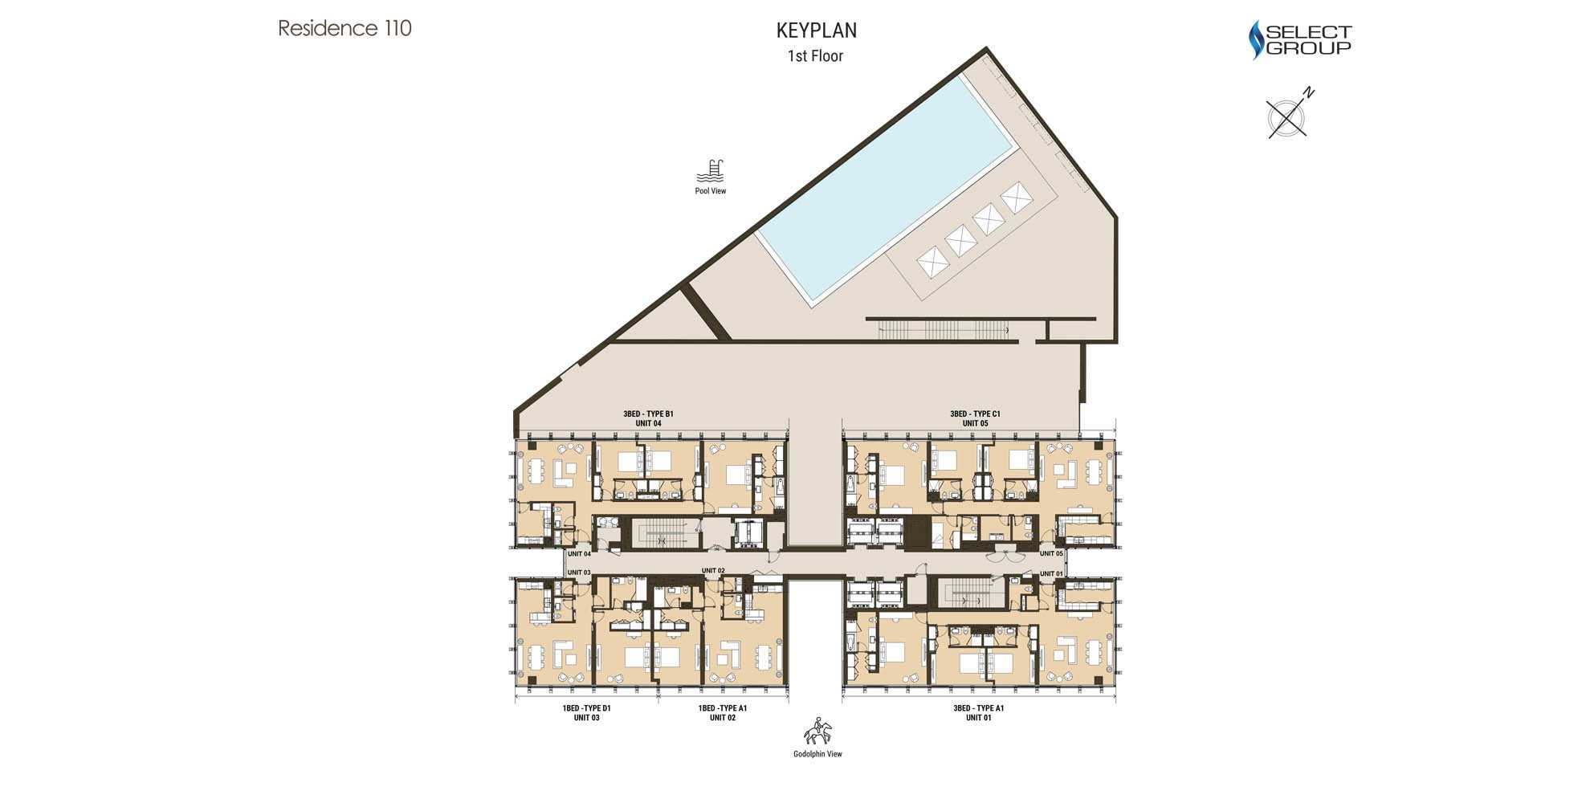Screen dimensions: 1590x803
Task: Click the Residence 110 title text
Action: [x=344, y=28]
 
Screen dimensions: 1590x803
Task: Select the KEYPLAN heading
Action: [x=816, y=31]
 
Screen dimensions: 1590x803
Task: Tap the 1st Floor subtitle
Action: [x=815, y=56]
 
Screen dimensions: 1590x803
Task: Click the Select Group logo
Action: [x=1299, y=40]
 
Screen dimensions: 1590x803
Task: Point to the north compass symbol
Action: [x=1288, y=115]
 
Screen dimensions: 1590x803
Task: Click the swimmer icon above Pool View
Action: [x=711, y=171]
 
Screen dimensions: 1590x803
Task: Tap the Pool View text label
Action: [x=711, y=191]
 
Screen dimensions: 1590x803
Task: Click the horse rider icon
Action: [x=817, y=731]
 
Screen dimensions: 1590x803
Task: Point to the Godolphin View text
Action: [x=817, y=754]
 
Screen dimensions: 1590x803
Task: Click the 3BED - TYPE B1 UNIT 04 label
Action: [x=648, y=418]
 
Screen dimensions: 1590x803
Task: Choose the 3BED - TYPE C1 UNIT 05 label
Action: [x=975, y=418]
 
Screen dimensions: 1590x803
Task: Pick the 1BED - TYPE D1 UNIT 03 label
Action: [x=586, y=713]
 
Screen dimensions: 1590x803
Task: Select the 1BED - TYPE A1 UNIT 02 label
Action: [x=722, y=713]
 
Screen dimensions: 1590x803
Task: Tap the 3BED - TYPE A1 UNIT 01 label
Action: [x=978, y=713]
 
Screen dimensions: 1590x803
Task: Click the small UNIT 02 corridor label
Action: [x=713, y=571]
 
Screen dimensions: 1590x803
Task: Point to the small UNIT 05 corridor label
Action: [x=1051, y=553]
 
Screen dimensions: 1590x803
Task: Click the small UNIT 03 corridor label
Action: [x=579, y=573]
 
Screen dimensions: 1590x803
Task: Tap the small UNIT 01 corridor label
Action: [x=1051, y=573]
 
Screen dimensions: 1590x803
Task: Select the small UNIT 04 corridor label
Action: [x=579, y=554]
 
